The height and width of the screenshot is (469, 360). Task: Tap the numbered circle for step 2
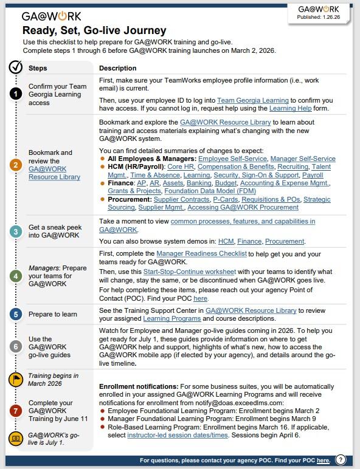(x=16, y=165)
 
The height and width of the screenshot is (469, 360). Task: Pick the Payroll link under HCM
(x=313, y=175)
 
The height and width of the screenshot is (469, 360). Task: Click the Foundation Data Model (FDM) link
(x=210, y=191)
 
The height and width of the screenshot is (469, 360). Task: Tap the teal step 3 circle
(x=16, y=231)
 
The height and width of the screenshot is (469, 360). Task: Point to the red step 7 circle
(x=16, y=411)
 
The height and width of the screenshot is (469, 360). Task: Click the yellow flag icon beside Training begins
(x=16, y=380)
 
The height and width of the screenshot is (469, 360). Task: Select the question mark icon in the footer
(x=341, y=460)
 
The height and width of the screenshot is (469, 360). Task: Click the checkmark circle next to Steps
(x=16, y=67)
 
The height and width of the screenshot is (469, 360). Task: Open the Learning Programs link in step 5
(x=181, y=318)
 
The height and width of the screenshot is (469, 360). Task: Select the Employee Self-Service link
(x=232, y=158)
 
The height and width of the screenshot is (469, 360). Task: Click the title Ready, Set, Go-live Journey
(x=94, y=30)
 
